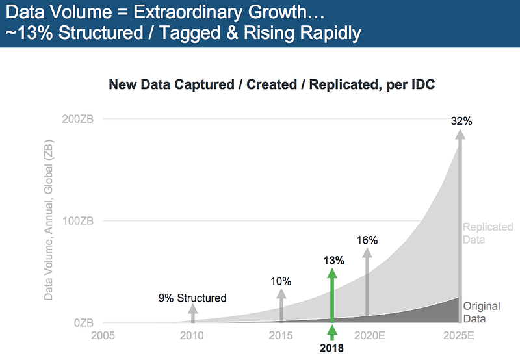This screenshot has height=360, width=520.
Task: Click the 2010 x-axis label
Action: (x=192, y=336)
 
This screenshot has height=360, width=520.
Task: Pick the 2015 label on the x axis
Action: (x=281, y=336)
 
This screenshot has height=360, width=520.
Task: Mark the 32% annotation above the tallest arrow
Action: (x=461, y=121)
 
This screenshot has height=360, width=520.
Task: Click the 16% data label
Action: (x=367, y=240)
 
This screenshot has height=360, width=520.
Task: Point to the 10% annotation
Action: (x=281, y=281)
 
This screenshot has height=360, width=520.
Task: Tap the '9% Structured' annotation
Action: (x=192, y=298)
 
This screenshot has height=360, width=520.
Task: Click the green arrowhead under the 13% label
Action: (x=332, y=274)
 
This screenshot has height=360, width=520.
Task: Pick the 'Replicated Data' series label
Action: (x=487, y=233)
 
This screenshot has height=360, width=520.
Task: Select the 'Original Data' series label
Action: (x=482, y=313)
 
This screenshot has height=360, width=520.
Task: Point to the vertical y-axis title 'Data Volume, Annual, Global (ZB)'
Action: (x=49, y=222)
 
